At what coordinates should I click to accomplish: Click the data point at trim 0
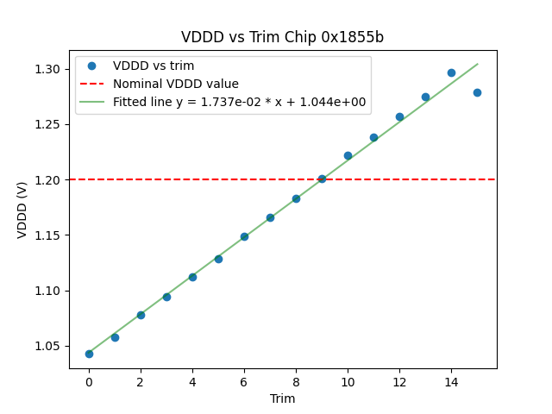coord(89,354)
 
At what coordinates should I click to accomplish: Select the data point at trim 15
coord(477,92)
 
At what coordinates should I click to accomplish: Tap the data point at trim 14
coord(451,72)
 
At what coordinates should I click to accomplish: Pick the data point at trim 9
coord(322,179)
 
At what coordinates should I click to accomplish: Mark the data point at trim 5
coord(218,259)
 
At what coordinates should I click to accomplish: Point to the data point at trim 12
coord(399,116)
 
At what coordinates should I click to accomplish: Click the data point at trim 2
coord(141,315)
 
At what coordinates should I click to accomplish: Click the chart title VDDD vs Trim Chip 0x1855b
coord(282,37)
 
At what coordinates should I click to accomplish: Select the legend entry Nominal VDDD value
coord(176,84)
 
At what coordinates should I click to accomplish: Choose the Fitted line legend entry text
coord(239,102)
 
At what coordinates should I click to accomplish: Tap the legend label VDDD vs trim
coord(154,66)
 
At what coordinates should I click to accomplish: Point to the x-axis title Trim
coord(282,398)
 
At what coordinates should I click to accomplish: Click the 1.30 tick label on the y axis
coord(49,69)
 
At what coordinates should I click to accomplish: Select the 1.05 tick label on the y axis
coord(49,346)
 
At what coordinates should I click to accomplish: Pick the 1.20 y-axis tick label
coord(49,179)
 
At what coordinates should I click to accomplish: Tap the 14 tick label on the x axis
coord(451,381)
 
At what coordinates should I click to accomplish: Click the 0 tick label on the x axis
coord(89,381)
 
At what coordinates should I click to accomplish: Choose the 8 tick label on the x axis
coord(296,381)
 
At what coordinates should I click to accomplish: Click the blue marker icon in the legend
coord(91,66)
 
